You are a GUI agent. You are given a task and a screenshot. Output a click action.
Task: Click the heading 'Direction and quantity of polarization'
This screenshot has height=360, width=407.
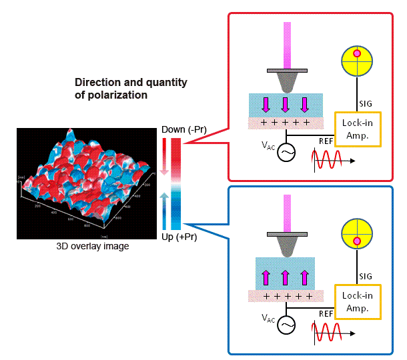point(131,89)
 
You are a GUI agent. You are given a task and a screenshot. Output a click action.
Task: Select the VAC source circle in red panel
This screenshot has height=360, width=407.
point(288,153)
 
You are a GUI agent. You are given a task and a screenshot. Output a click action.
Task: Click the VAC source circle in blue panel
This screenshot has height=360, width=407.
point(288,325)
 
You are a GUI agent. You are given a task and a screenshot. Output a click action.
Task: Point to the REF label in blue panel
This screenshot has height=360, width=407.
point(326,313)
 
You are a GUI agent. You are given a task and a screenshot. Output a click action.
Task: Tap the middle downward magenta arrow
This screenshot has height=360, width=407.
point(286,105)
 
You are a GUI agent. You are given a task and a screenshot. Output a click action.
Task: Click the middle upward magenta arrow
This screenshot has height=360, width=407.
point(286,276)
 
